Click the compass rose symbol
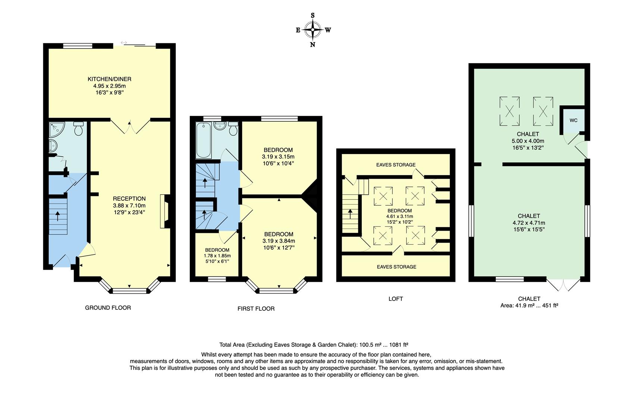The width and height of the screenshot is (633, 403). click(x=313, y=30)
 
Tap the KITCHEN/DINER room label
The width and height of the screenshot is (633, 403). click(x=109, y=79)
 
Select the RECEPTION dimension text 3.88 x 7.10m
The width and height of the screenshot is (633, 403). click(x=129, y=206)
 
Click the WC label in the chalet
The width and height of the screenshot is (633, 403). click(x=573, y=121)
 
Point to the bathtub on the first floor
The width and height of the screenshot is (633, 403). click(x=203, y=140)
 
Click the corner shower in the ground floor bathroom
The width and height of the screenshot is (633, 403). click(x=57, y=129)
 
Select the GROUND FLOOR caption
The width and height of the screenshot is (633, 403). click(x=108, y=308)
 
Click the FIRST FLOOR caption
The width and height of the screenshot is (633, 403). click(x=256, y=309)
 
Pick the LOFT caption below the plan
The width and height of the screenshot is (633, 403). click(x=396, y=299)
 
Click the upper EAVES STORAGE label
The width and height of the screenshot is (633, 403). click(x=396, y=165)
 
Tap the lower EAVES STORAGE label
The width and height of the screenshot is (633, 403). click(x=397, y=267)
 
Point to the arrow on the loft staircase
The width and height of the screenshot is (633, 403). click(x=350, y=214)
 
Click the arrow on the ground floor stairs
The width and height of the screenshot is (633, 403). click(x=58, y=216)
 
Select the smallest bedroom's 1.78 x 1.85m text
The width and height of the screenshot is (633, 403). click(x=217, y=256)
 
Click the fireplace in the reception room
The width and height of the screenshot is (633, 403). click(x=165, y=211)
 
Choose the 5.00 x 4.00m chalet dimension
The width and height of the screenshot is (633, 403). click(x=528, y=141)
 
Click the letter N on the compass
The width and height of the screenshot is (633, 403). click(x=313, y=45)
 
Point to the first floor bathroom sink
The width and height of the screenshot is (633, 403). click(x=220, y=126)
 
